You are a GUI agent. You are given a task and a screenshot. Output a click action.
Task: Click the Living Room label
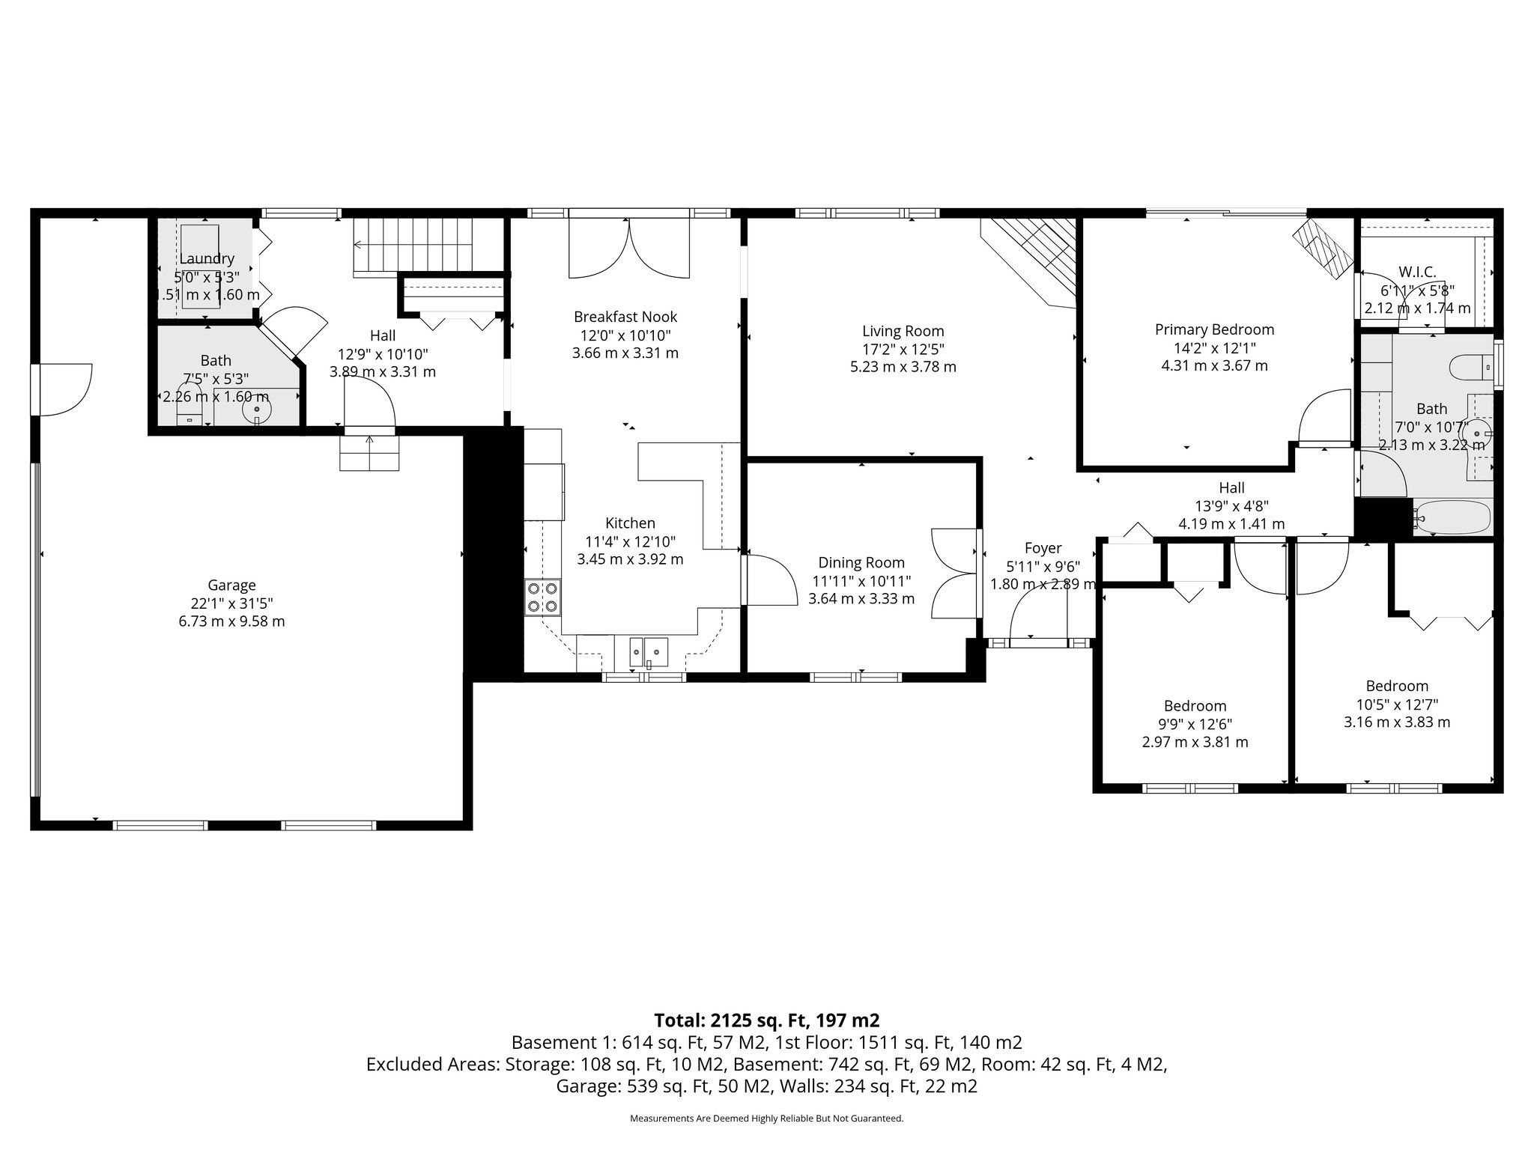tap(903, 331)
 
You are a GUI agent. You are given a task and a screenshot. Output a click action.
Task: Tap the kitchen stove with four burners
tap(543, 597)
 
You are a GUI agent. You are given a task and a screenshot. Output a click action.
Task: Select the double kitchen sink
tap(649, 651)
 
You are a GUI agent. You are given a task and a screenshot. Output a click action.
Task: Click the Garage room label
tap(231, 585)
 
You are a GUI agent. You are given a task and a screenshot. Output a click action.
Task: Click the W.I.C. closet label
tap(1417, 273)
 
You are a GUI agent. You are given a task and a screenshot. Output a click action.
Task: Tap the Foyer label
tap(1043, 548)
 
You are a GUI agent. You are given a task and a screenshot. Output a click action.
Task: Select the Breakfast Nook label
tap(625, 317)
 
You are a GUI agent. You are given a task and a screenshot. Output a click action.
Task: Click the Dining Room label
tap(861, 563)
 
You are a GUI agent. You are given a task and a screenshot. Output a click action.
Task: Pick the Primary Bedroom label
tap(1214, 329)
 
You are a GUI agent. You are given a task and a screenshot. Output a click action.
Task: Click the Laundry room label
tap(207, 259)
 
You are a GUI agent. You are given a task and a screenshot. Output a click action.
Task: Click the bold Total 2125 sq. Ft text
tap(766, 1020)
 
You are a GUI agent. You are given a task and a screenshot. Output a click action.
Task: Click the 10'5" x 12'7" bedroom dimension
tap(1397, 705)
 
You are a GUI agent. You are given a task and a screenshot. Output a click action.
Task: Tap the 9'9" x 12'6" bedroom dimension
tap(1195, 724)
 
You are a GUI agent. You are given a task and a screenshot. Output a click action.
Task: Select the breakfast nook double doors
tap(629, 247)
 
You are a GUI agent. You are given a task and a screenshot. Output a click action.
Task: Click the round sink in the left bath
tap(257, 410)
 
